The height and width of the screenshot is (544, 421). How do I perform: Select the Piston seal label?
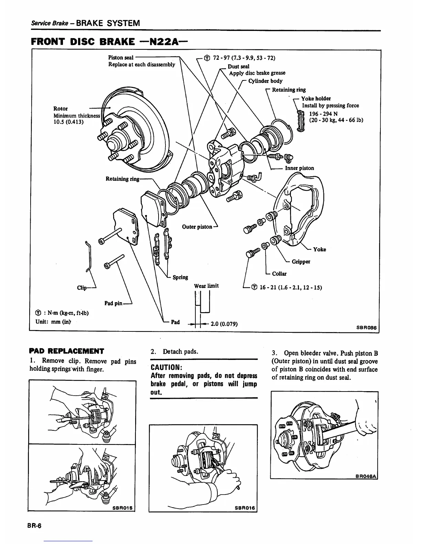tap(121, 57)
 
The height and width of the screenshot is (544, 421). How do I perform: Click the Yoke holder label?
tap(316, 99)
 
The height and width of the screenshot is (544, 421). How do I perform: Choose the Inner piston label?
tap(299, 168)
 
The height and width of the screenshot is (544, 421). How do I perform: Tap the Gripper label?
tap(301, 262)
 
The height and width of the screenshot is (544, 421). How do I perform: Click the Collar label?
tap(279, 274)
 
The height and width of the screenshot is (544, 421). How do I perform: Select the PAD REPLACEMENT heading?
tap(67, 351)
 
